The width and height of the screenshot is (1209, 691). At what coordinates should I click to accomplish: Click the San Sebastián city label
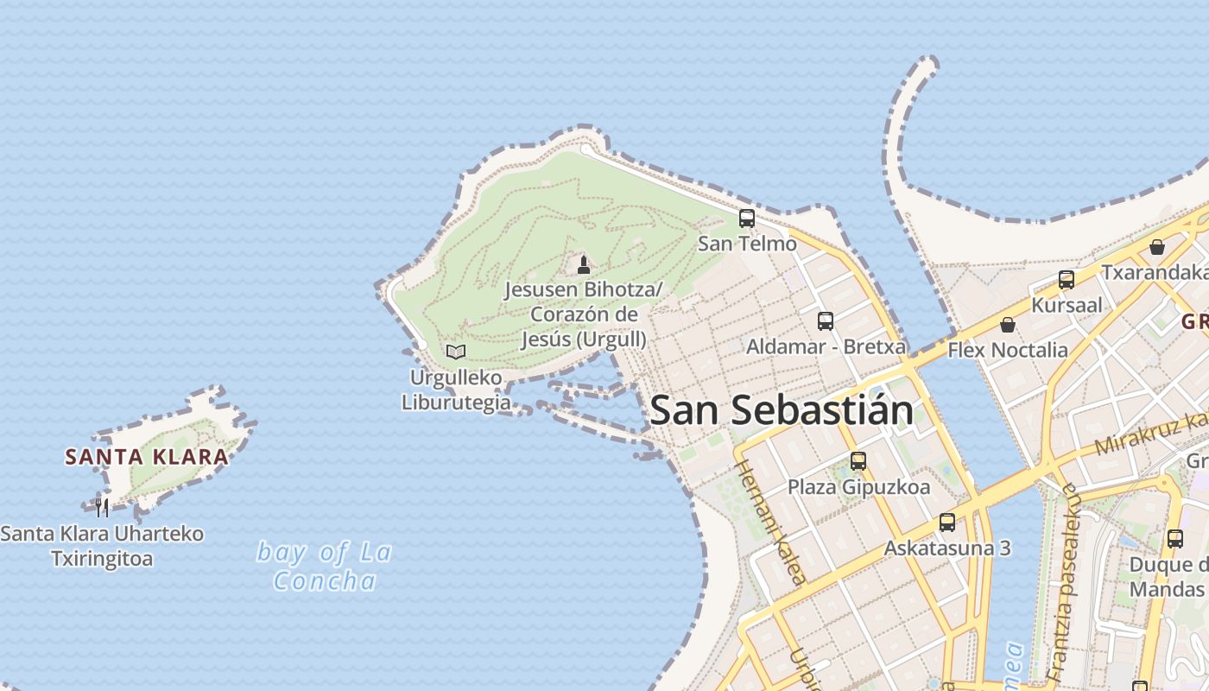click(782, 409)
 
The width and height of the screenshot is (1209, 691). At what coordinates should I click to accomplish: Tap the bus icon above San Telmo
click(747, 219)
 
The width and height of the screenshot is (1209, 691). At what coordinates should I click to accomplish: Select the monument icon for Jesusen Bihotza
click(584, 264)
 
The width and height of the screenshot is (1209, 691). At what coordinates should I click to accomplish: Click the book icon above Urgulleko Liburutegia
click(456, 352)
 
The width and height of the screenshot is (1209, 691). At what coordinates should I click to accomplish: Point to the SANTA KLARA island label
click(147, 457)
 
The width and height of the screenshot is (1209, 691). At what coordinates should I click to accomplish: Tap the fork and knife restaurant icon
click(102, 507)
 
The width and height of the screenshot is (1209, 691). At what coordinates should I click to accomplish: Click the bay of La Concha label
click(325, 566)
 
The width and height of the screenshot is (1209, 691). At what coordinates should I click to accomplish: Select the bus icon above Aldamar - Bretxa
click(826, 321)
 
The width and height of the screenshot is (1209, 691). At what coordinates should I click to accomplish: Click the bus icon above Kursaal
click(1067, 280)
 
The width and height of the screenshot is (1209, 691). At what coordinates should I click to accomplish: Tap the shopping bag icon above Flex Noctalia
click(1007, 325)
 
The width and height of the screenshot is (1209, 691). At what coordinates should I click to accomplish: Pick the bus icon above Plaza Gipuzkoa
click(858, 461)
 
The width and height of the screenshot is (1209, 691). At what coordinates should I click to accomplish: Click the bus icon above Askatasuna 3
click(947, 523)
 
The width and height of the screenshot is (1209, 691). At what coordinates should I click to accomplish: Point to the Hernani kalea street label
click(770, 523)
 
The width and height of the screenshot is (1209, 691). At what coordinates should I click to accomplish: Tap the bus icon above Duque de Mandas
click(1175, 538)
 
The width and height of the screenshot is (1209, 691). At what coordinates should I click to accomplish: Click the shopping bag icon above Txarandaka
click(1157, 247)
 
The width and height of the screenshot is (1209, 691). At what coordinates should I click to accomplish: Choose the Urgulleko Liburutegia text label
click(456, 390)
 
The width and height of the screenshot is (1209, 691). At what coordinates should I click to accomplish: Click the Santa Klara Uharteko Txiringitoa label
click(102, 546)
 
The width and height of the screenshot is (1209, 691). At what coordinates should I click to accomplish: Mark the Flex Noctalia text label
click(1008, 350)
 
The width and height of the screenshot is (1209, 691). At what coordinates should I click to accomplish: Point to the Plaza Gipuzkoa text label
click(858, 487)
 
